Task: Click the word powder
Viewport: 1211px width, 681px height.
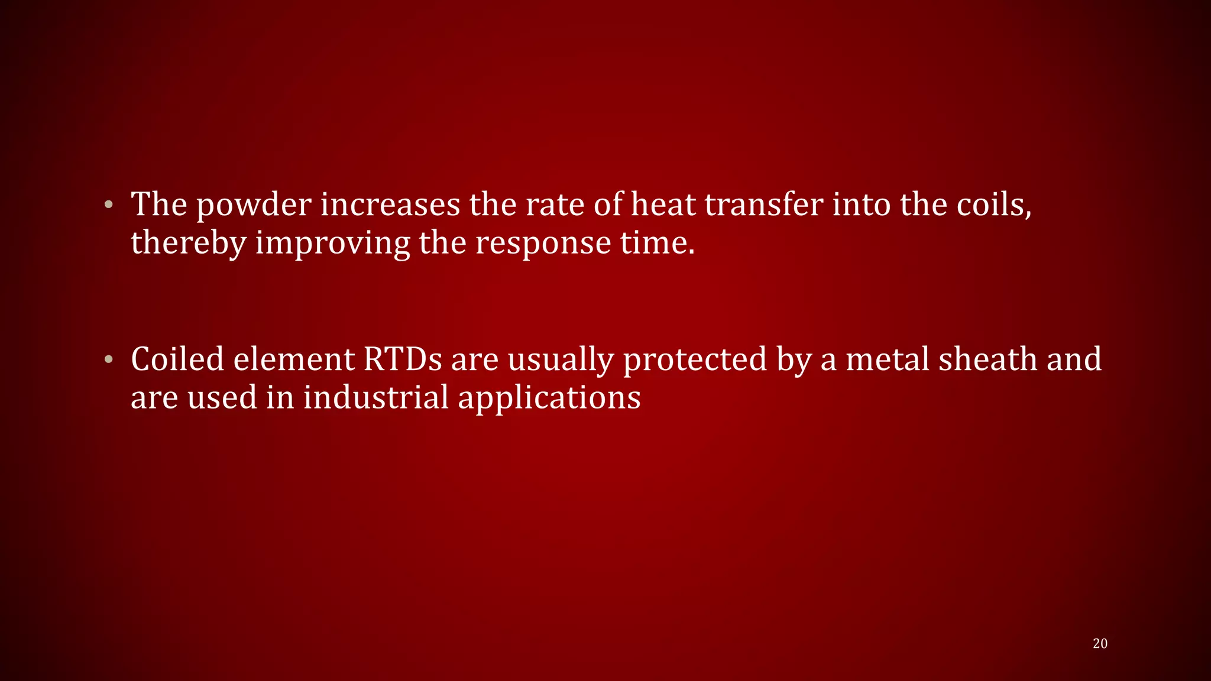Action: click(254, 206)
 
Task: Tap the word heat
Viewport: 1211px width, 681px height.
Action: click(663, 205)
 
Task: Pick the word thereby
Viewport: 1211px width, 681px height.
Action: click(188, 243)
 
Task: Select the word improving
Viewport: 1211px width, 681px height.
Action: click(332, 243)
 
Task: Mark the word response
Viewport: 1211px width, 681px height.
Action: click(543, 243)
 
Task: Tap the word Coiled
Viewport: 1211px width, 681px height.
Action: click(177, 359)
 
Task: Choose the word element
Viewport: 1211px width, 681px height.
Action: click(293, 359)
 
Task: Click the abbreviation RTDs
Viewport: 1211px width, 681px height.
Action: click(403, 359)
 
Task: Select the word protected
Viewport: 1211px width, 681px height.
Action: click(695, 360)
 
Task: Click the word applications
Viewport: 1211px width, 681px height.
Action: click(549, 398)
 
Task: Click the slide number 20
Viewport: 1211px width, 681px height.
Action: click(1100, 644)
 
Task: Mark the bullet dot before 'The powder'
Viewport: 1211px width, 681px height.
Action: click(108, 206)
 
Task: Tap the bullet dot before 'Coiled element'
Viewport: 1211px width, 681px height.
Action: click(108, 360)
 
